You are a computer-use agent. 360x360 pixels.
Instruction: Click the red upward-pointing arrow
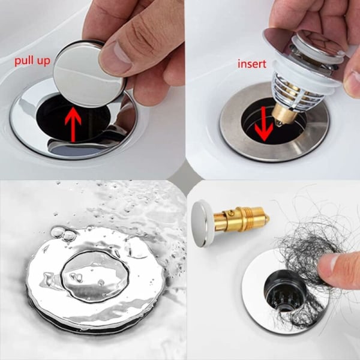coord(73,124)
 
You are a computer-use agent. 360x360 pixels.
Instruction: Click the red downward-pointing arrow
coord(264,124)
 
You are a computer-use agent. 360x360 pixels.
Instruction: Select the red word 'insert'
coord(252,64)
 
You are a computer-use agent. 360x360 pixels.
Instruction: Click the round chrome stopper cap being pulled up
coord(89,74)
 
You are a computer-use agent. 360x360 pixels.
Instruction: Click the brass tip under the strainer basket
coord(283,116)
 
